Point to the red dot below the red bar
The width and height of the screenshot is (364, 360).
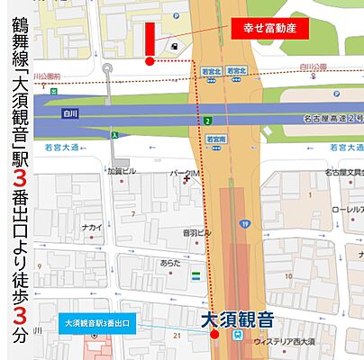click(150, 61)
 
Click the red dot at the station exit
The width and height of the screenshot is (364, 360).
click(214, 335)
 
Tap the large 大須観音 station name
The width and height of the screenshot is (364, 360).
click(236, 319)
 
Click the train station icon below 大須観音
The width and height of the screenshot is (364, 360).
click(236, 335)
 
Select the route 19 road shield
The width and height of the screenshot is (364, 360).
click(244, 223)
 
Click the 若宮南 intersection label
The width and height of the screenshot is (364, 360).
click(215, 139)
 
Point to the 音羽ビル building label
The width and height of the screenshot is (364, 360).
click(196, 232)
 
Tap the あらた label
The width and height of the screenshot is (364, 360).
click(170, 263)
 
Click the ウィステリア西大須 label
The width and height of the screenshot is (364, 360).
click(289, 341)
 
